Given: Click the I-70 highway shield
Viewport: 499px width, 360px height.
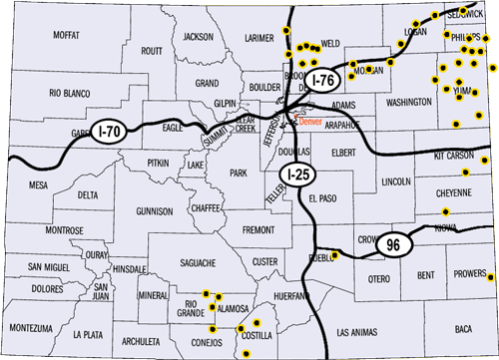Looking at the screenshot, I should point(111,129).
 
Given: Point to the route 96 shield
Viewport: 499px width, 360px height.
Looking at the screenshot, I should point(393,245).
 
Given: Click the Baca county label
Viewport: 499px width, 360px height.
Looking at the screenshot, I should point(462,328).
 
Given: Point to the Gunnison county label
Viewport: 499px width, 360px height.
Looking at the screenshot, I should point(155,211).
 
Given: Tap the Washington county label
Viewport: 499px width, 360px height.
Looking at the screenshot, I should point(408,103).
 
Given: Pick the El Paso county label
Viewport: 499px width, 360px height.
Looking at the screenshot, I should point(323,198).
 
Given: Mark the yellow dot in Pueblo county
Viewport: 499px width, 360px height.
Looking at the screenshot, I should point(335,255).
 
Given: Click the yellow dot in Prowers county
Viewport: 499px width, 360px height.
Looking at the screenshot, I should point(490,275).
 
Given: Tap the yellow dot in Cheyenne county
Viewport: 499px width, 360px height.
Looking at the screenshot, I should point(446,211).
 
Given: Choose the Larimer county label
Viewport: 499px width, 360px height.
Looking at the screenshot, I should point(258,37).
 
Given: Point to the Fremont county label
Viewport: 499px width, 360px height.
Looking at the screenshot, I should point(258,229).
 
